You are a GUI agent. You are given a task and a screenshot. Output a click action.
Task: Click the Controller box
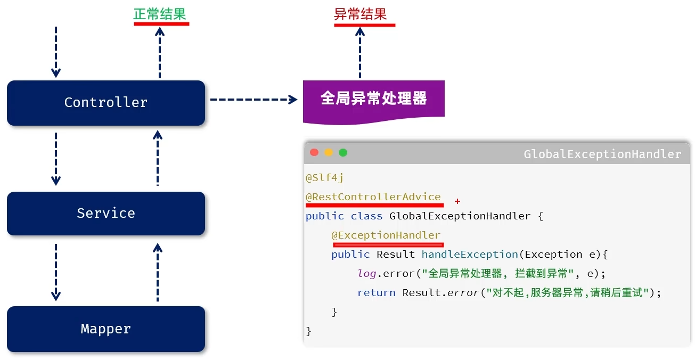[105, 103]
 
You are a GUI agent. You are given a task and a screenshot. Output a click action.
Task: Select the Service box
[105, 214]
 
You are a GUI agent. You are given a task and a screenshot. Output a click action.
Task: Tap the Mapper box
[105, 329]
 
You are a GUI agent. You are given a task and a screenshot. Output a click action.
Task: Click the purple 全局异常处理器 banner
[373, 99]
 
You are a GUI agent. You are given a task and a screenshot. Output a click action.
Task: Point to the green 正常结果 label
[160, 14]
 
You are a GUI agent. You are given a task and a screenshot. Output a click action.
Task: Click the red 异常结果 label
[361, 14]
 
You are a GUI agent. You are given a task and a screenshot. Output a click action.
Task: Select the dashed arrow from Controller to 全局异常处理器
[253, 99]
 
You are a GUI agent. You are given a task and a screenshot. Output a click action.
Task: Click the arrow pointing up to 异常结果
[360, 53]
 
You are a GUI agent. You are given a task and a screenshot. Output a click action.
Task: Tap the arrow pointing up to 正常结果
[159, 53]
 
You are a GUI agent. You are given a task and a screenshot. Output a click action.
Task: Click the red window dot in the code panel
[314, 152]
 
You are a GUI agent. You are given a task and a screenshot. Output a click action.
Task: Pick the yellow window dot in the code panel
[329, 152]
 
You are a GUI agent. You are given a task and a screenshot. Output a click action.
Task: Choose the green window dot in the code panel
[343, 152]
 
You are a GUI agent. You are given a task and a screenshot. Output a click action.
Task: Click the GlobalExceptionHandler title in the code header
[602, 154]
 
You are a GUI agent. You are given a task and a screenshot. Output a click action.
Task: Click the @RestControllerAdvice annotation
[373, 197]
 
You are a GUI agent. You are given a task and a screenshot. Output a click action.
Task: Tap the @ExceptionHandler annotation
[386, 235]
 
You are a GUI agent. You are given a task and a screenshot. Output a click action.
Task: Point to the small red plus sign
[457, 201]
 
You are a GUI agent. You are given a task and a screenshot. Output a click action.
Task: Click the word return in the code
[376, 293]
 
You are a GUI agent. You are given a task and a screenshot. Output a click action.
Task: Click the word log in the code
[366, 274]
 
